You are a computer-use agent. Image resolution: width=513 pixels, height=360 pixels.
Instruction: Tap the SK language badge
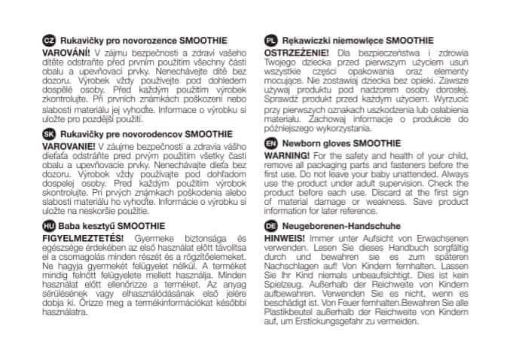(49, 132)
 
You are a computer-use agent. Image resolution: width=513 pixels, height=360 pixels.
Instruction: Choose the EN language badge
(270, 142)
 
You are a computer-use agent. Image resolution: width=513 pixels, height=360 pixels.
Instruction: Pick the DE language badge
(270, 225)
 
